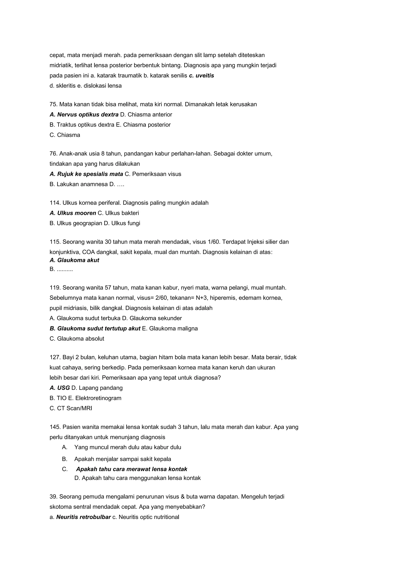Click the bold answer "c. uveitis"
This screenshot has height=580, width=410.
click(x=201, y=76)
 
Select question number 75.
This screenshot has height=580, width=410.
click(x=53, y=104)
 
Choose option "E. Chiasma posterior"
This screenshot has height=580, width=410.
click(x=143, y=125)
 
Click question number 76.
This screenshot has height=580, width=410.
click(x=53, y=154)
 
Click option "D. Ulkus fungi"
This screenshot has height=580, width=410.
click(x=122, y=223)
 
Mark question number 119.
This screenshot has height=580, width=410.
click(x=55, y=288)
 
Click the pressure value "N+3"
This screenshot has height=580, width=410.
click(x=201, y=298)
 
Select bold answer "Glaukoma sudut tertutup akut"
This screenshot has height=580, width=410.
click(x=98, y=329)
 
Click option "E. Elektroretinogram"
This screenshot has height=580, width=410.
click(x=95, y=398)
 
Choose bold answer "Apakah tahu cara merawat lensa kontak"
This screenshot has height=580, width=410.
click(x=132, y=469)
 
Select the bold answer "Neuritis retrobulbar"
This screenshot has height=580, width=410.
click(x=83, y=517)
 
